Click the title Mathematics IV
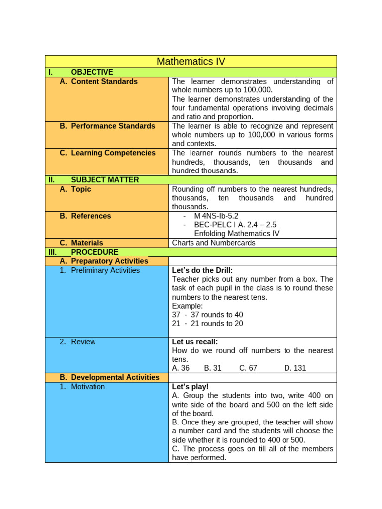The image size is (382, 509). (191, 62)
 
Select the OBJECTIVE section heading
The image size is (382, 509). (92, 72)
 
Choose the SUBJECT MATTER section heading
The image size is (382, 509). (105, 180)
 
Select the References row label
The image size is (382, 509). (91, 216)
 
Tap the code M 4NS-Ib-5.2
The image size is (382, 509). (216, 216)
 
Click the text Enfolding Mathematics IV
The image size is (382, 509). (236, 234)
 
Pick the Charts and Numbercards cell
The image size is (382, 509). (213, 243)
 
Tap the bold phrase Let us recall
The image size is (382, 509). (195, 342)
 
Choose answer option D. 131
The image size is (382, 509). (295, 368)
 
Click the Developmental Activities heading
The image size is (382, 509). (115, 377)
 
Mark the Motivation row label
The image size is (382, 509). (88, 387)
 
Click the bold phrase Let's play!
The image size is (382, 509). (191, 387)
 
